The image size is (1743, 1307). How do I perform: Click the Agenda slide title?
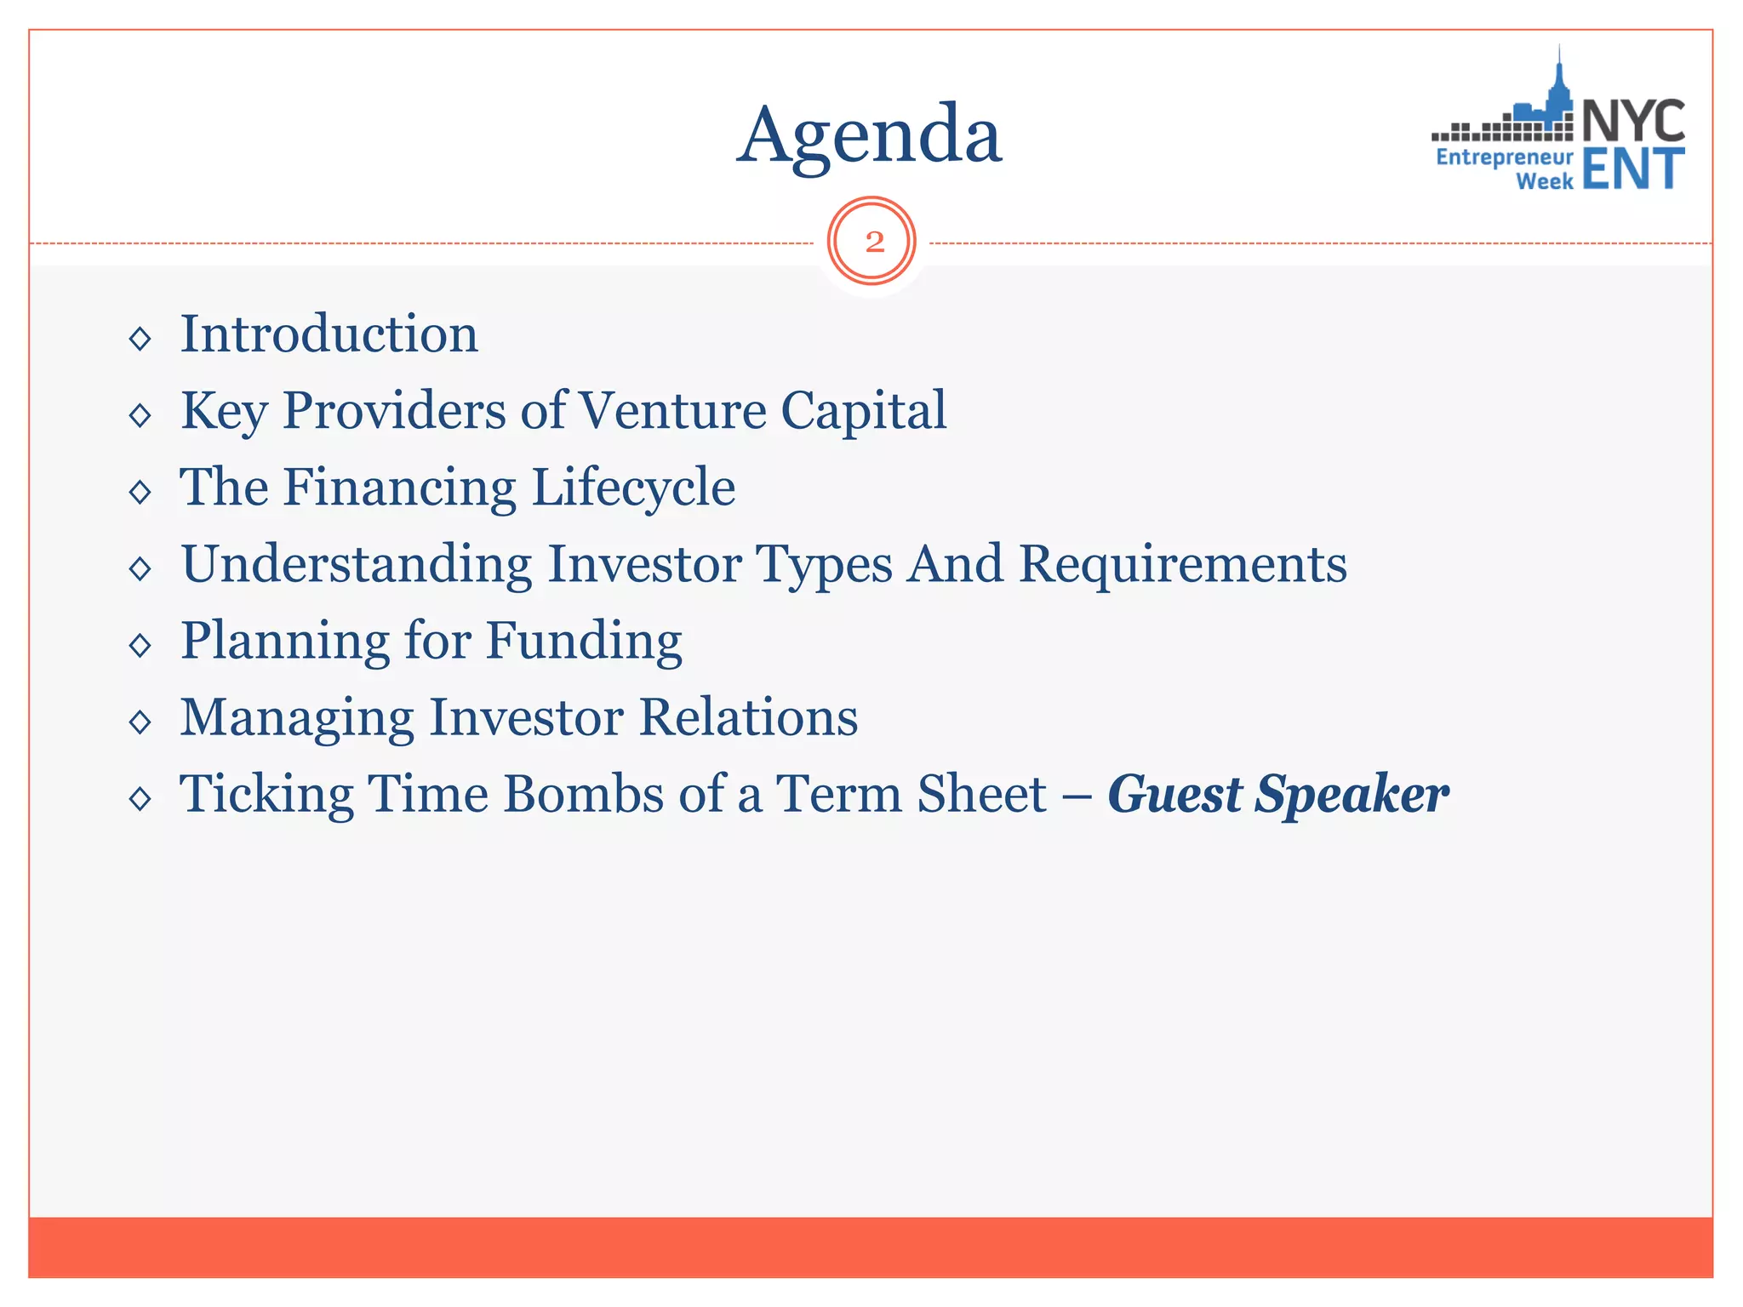coord(869,136)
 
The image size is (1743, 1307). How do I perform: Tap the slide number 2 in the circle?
coord(873,242)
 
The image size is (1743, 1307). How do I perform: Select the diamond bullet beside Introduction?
coord(140,339)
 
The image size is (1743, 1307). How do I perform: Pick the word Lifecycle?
coord(633,488)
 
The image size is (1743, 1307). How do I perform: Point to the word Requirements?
coord(1183,564)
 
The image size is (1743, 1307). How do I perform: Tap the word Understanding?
coord(357,566)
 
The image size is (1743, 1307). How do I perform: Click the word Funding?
coord(584,642)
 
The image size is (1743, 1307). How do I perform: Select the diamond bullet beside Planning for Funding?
coord(140,645)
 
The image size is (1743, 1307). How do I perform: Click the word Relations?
coord(748,717)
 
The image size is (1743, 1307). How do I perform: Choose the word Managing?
coord(297,719)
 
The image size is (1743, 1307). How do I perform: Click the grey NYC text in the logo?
coord(1633,121)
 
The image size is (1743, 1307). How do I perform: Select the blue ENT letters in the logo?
coord(1633,168)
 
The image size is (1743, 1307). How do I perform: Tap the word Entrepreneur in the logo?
coord(1504,157)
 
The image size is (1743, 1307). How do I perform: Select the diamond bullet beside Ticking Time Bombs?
coord(140,798)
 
